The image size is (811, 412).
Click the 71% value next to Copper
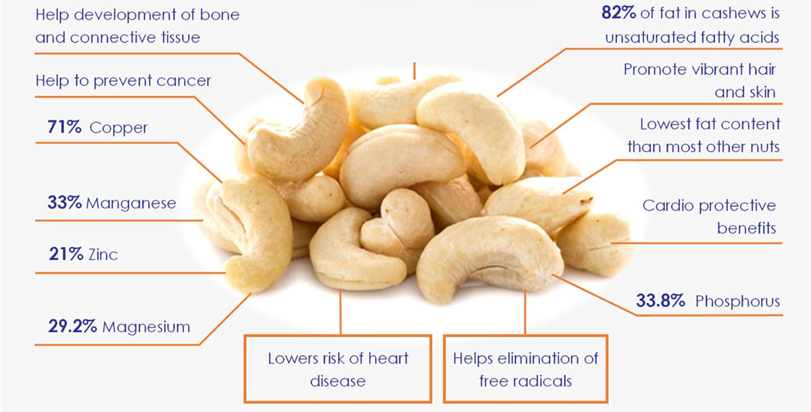click(64, 127)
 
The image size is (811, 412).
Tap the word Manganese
click(131, 203)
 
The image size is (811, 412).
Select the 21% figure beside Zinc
click(66, 254)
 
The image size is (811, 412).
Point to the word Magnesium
click(146, 327)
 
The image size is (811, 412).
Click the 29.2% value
click(72, 326)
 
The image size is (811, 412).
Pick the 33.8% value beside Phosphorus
click(661, 301)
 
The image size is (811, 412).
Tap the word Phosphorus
click(737, 302)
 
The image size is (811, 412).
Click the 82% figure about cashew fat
click(619, 13)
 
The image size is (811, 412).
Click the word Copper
click(118, 129)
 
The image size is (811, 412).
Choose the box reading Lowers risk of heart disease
click(338, 369)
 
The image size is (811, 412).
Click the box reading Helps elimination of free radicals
click(525, 369)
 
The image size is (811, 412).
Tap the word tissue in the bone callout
click(180, 37)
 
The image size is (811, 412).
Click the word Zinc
click(103, 255)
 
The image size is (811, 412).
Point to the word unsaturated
click(651, 38)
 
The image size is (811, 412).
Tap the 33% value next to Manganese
click(64, 202)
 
